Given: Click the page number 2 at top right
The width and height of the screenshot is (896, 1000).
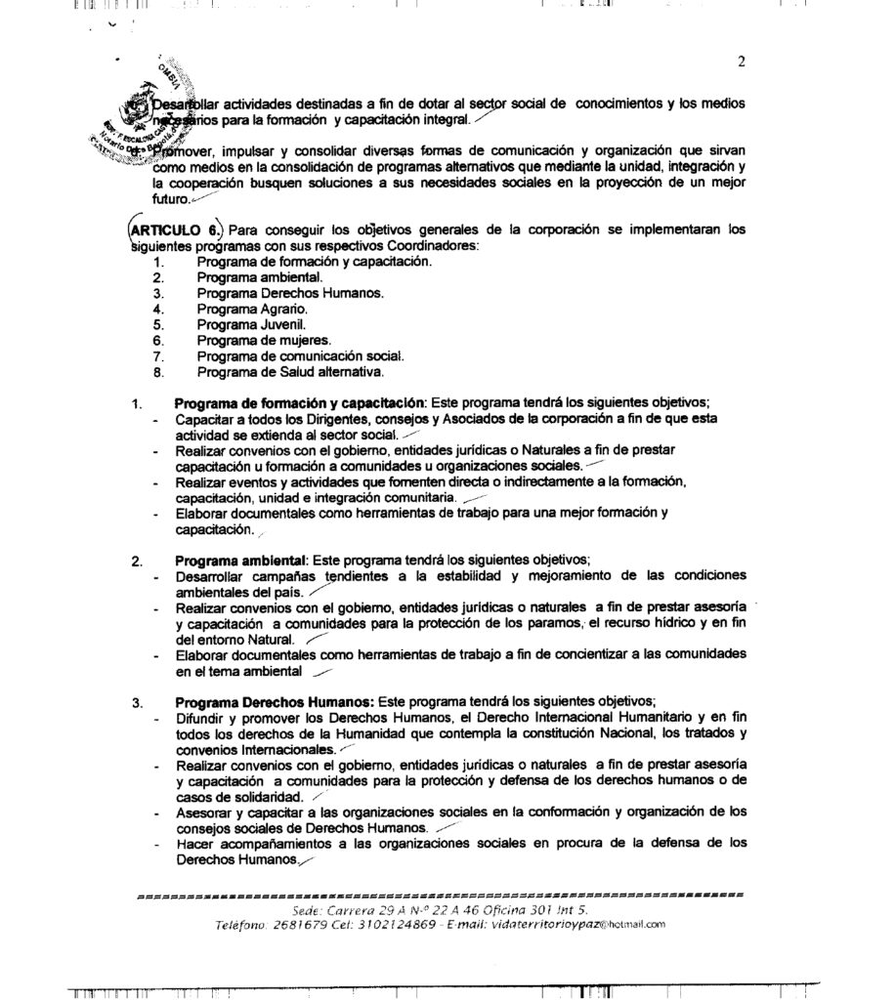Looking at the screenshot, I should coord(741,63).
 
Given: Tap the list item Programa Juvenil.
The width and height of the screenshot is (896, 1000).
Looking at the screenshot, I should coord(237,324).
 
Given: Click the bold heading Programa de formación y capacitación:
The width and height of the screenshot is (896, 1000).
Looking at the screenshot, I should coord(299,403).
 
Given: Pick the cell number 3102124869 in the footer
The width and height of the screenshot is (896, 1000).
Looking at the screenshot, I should coord(401,923).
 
